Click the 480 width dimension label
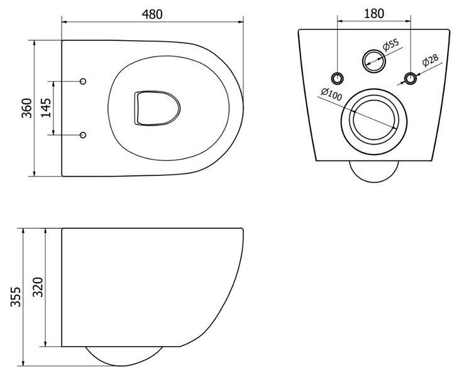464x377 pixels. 152,14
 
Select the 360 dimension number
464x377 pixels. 27,108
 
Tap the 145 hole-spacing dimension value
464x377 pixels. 46,107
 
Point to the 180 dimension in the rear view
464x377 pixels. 374,13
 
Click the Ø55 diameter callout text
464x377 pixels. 390,45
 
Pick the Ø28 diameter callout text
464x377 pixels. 430,60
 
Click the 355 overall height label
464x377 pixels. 16,297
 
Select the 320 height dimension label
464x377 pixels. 38,287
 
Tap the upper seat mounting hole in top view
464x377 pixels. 83,81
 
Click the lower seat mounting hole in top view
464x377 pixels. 83,135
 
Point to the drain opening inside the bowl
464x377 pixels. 157,108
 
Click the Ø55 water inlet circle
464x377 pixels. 374,61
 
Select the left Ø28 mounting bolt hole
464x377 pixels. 337,78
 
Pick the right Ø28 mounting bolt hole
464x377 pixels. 411,78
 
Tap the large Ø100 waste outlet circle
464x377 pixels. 374,121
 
